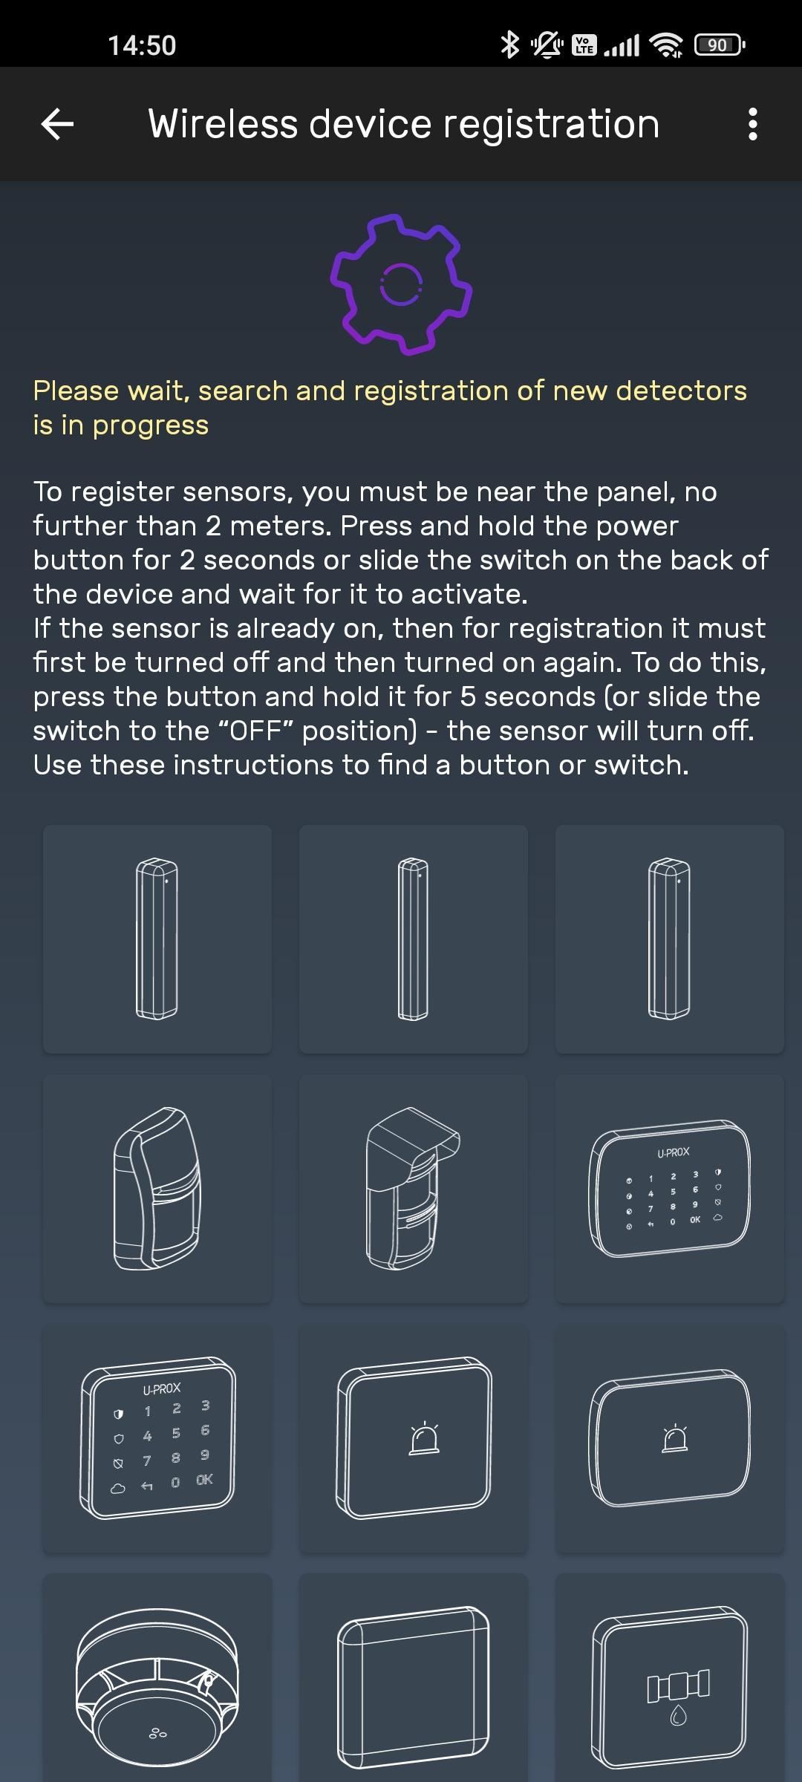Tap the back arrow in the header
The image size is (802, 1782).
pos(57,124)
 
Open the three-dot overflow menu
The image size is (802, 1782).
pos(753,124)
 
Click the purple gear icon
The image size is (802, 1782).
pos(401,284)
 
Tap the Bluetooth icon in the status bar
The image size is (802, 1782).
pos(509,45)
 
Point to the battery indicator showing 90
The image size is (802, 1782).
pos(720,45)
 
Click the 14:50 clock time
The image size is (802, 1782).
pos(142,45)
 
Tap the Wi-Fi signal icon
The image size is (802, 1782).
pos(666,45)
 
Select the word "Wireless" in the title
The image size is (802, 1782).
pos(224,123)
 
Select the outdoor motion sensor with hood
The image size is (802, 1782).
pos(413,1188)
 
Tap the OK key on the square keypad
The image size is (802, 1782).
pos(205,1480)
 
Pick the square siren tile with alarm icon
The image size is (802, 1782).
pos(414,1438)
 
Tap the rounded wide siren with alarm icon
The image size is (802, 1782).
pos(670,1438)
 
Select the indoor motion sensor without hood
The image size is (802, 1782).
pos(157,1188)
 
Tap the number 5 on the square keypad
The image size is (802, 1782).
pos(176,1433)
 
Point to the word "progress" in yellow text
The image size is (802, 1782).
pos(151,425)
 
